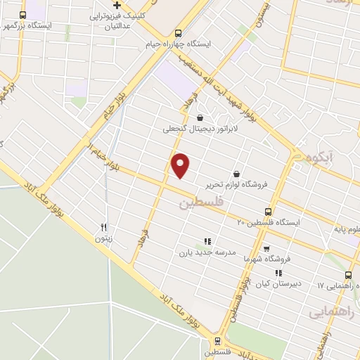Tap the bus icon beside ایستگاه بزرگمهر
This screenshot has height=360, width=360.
coord(23,15)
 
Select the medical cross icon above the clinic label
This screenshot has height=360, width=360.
coord(118,5)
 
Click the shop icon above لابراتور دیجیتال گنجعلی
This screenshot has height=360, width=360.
coord(201,117)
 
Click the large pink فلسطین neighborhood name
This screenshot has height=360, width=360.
coord(195,204)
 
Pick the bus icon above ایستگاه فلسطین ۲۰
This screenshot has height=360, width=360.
coord(268,211)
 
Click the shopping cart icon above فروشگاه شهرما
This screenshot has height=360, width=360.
coord(266,248)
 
